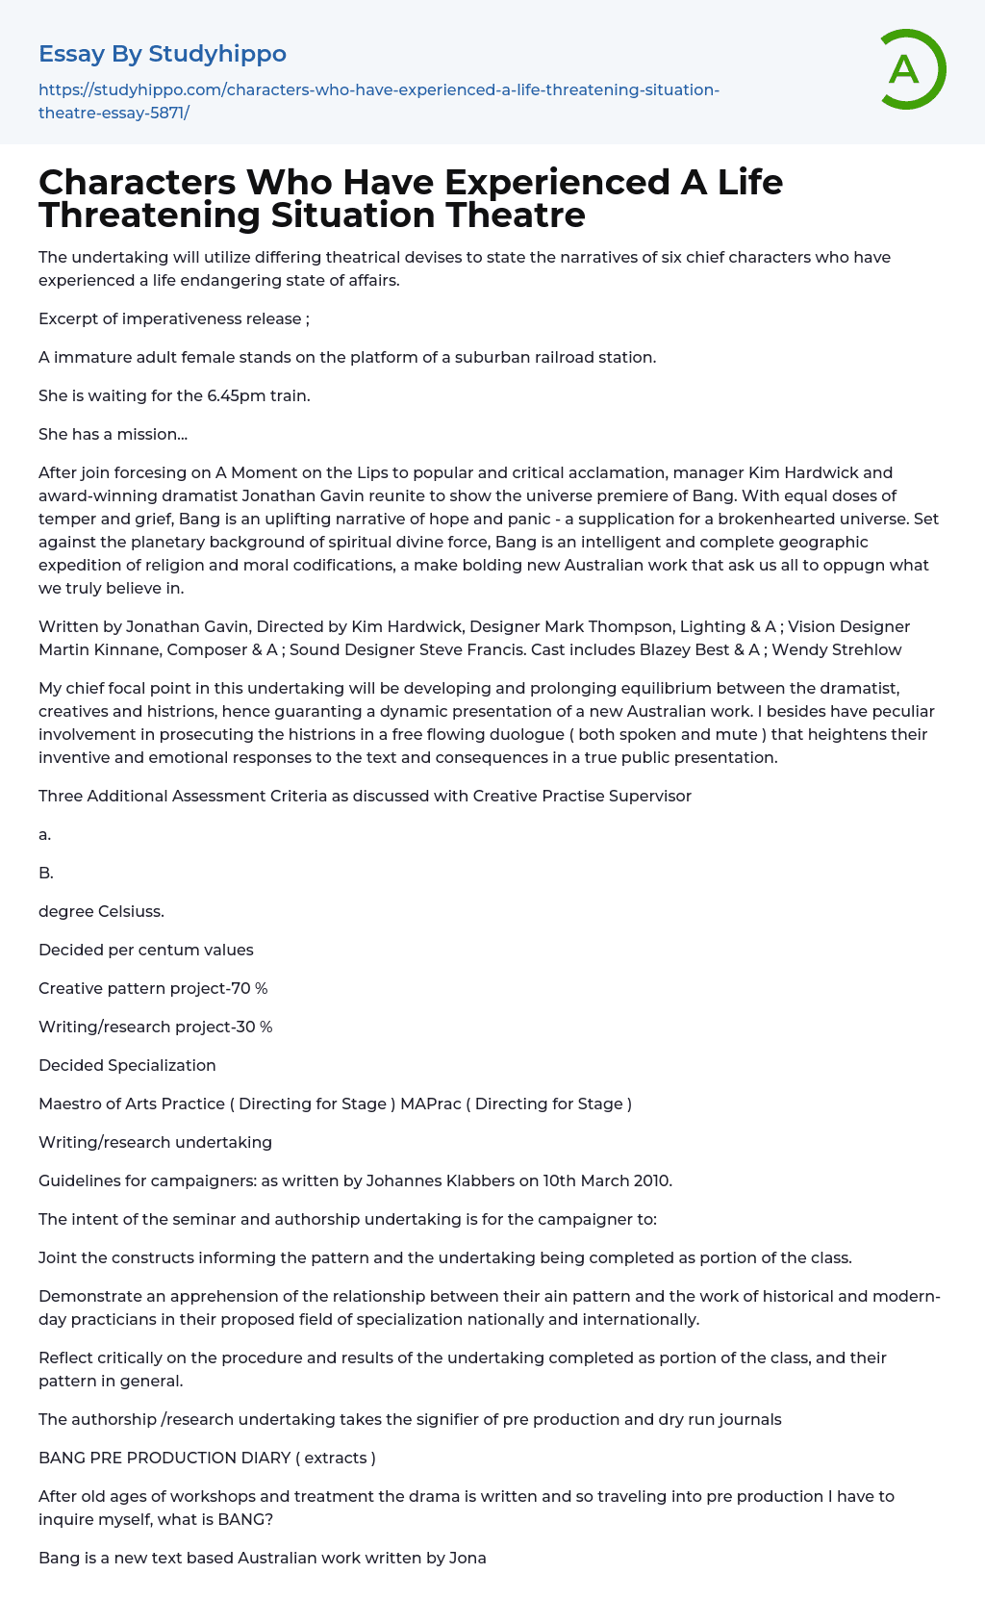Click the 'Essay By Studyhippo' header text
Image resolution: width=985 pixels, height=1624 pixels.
point(163,54)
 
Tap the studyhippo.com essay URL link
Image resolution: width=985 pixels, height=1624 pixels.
point(378,101)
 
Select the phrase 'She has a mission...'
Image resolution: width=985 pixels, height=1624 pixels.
point(113,434)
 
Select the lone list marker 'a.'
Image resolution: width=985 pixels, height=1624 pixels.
point(45,834)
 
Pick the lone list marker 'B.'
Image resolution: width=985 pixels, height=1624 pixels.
point(46,873)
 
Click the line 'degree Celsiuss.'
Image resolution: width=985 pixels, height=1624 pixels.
point(101,911)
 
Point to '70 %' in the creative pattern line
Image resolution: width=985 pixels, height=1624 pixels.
point(249,988)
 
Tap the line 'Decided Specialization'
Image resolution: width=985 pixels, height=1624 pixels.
point(127,1065)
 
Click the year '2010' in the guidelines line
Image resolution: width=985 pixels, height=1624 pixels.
point(650,1180)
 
